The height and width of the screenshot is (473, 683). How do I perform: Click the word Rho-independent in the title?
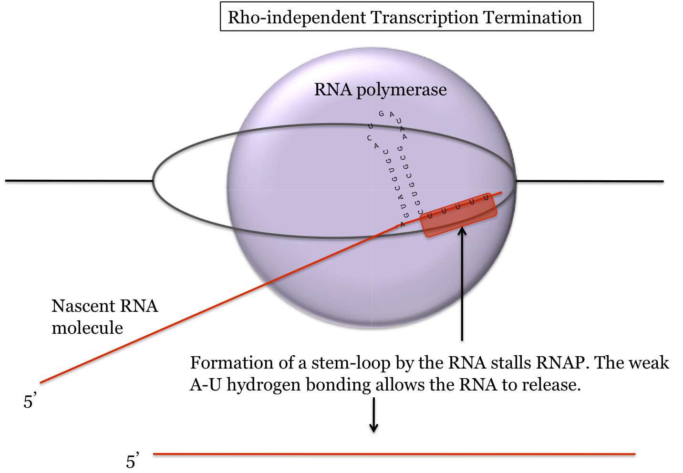[297, 18]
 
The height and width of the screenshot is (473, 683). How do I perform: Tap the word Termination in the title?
[532, 18]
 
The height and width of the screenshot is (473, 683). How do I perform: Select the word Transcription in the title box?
[424, 18]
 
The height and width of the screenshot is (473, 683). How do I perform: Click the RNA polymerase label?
[380, 90]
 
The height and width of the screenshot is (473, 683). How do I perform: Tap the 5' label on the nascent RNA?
[30, 401]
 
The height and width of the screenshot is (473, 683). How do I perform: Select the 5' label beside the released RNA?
[133, 461]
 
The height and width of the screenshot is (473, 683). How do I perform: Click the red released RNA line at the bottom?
[394, 454]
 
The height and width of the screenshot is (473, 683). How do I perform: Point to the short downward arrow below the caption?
[374, 415]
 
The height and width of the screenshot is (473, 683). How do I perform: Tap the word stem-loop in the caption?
[351, 363]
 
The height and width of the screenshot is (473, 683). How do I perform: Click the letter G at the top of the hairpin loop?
[381, 113]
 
